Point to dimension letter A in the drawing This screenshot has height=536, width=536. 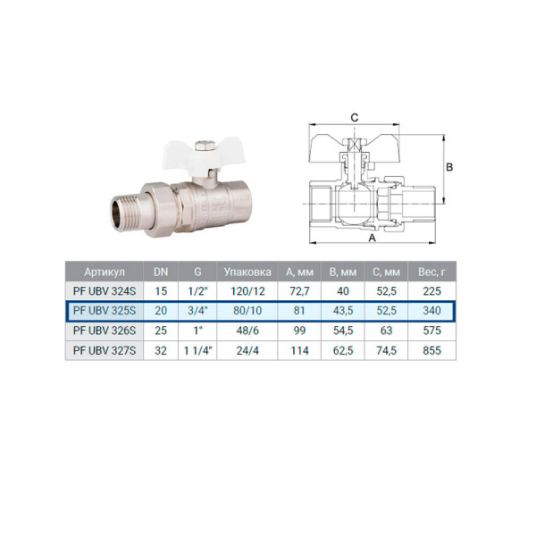tap(370, 239)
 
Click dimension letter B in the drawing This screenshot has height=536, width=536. tap(451, 167)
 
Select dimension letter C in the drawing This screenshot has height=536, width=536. tap(354, 117)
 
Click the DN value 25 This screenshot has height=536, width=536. tap(161, 330)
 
